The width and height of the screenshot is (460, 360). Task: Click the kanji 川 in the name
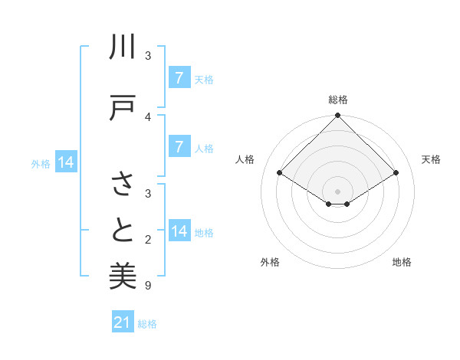[x=123, y=48]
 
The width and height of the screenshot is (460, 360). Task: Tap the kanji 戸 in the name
[x=123, y=107]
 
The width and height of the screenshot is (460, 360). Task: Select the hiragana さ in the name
[x=123, y=184]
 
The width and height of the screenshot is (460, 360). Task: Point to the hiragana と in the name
[x=123, y=230]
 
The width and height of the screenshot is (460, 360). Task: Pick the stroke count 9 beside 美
[x=148, y=286]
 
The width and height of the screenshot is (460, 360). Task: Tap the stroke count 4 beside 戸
[x=148, y=116]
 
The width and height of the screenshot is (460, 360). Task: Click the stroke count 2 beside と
[x=148, y=240]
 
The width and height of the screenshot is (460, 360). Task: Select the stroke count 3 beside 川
[x=148, y=56]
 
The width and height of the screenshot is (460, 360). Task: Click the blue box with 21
[x=123, y=322]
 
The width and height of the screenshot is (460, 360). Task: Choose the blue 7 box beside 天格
[x=179, y=77]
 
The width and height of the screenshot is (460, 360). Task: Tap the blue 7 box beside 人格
[x=179, y=146]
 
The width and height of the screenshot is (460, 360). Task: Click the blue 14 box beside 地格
[x=179, y=231]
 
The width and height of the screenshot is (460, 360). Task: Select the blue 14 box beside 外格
[x=66, y=162]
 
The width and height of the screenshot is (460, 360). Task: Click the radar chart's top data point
[x=337, y=116]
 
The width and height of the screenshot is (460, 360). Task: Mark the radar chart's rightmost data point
[x=396, y=173]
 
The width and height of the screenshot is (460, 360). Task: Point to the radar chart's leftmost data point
[x=279, y=173]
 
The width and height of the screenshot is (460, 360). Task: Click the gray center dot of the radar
[x=337, y=191]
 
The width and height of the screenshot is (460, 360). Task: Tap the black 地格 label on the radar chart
[x=402, y=262]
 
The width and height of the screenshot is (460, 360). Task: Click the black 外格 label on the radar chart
[x=270, y=262]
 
